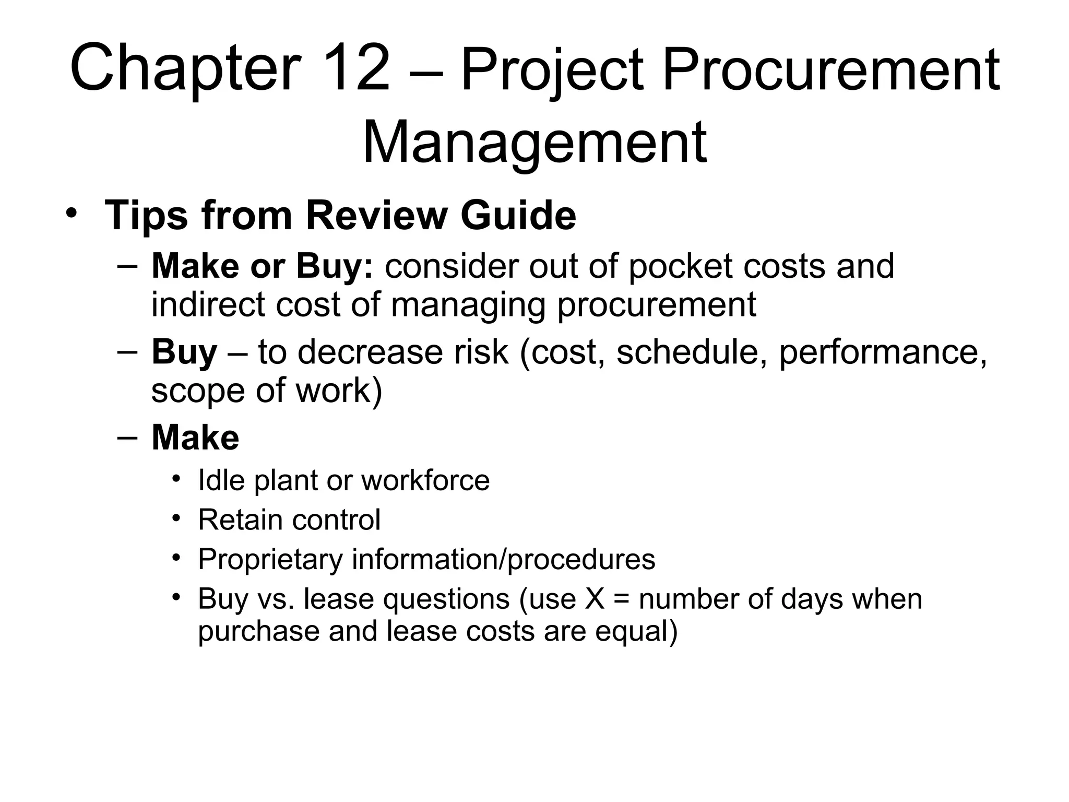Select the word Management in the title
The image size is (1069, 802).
point(534,143)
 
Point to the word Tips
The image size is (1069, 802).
point(147,215)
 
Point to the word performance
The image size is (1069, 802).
point(883,352)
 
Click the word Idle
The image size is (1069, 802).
point(221,480)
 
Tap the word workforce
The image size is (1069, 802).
point(425,480)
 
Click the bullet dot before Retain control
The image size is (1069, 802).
point(176,518)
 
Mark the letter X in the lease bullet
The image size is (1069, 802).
point(595,599)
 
